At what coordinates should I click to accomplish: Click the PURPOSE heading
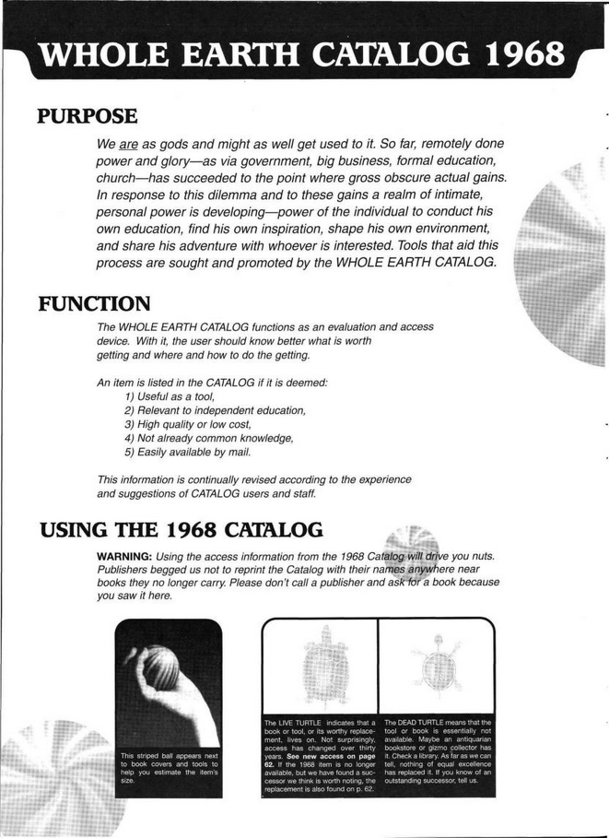[x=88, y=117]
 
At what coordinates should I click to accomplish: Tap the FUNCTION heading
[x=95, y=303]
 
